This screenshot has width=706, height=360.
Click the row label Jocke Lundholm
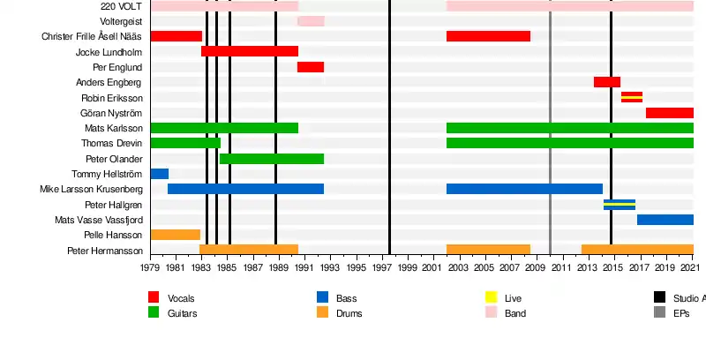click(109, 52)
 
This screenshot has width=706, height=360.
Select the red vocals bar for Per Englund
click(311, 67)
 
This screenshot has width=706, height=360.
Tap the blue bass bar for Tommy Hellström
click(159, 174)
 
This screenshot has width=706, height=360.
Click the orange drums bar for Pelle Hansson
click(176, 235)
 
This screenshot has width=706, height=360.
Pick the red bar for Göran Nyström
click(669, 113)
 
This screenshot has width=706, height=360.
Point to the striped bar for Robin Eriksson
click(632, 97)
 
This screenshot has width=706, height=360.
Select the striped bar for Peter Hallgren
click(620, 205)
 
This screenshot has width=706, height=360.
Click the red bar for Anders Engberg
click(607, 82)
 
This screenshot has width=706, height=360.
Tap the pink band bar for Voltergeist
click(311, 21)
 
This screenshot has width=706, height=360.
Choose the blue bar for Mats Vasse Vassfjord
click(665, 220)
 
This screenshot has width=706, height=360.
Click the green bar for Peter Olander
click(272, 159)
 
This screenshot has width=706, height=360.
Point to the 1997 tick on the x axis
click(382, 257)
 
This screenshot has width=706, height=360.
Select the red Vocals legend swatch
click(154, 297)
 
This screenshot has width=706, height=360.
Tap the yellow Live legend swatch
click(492, 297)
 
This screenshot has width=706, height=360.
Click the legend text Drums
click(349, 313)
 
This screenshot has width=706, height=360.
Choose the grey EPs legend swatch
click(659, 312)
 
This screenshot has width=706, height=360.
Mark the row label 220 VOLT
click(121, 6)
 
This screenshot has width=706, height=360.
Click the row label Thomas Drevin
click(111, 143)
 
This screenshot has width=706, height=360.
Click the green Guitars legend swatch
click(154, 312)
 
